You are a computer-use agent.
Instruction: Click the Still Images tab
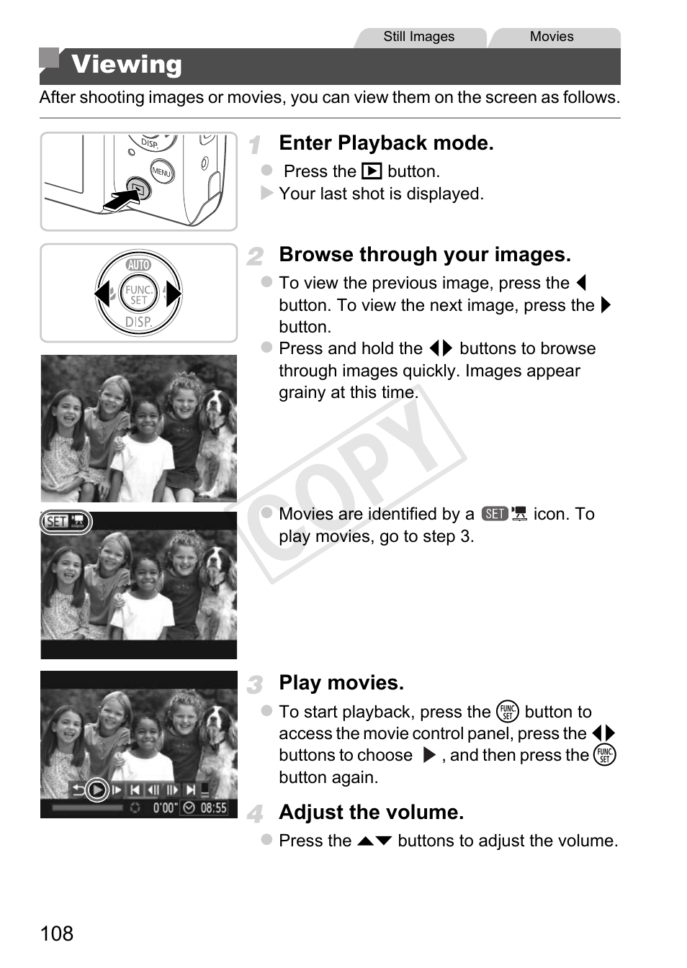tap(419, 37)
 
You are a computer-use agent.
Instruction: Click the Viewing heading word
tap(126, 65)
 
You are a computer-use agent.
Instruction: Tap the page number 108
tap(57, 933)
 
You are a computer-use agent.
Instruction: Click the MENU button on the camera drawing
tap(162, 171)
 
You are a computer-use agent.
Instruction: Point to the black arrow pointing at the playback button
tap(122, 199)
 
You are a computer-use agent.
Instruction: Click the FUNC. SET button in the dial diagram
tap(138, 294)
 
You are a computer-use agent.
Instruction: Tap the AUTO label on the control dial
tap(138, 264)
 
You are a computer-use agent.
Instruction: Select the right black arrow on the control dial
tap(174, 294)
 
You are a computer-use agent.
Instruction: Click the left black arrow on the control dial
tap(102, 294)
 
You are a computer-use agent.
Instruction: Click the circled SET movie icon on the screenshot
tap(66, 522)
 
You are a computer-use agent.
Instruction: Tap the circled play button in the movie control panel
tap(96, 790)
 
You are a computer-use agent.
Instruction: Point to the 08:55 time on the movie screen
tap(214, 808)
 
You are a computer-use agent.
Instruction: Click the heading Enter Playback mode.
tap(386, 143)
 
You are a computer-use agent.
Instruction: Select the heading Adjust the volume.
tap(372, 812)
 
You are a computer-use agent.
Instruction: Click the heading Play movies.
tap(341, 683)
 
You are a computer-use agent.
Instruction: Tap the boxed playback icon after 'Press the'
tap(372, 171)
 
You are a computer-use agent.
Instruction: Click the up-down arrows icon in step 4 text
tap(374, 841)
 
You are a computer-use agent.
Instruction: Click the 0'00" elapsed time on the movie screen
tap(163, 808)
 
